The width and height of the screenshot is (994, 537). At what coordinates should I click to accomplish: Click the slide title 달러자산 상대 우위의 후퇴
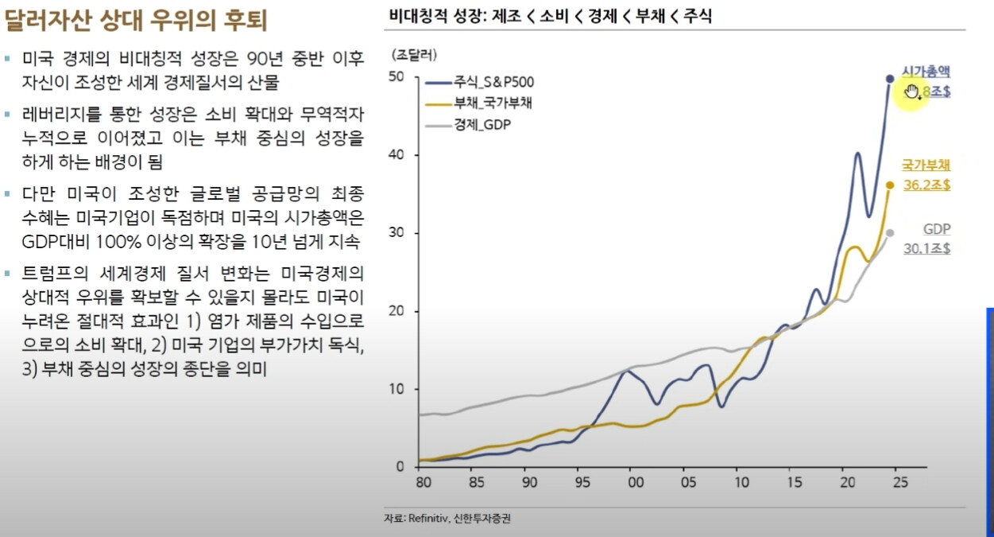(135, 19)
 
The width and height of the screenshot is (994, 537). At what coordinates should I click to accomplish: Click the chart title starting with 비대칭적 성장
(550, 16)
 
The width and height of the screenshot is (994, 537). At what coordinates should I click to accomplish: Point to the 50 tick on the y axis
(397, 76)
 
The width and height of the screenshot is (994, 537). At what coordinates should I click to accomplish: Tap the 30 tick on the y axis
(397, 233)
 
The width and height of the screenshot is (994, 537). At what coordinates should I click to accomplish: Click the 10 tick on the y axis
(397, 389)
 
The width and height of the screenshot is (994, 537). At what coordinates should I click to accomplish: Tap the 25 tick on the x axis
(899, 483)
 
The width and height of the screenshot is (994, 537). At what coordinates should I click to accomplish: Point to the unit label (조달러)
(414, 55)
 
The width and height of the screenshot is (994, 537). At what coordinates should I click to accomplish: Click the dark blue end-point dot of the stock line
(890, 79)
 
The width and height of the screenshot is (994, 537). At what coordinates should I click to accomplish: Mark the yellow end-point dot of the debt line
(890, 185)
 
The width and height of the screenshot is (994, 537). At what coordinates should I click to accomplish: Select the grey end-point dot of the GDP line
(890, 233)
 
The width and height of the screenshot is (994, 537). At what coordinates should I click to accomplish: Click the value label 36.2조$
(926, 185)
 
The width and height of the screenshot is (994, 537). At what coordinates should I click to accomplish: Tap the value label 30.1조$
(926, 248)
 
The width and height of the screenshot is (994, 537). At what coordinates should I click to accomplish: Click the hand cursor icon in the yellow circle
(911, 91)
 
